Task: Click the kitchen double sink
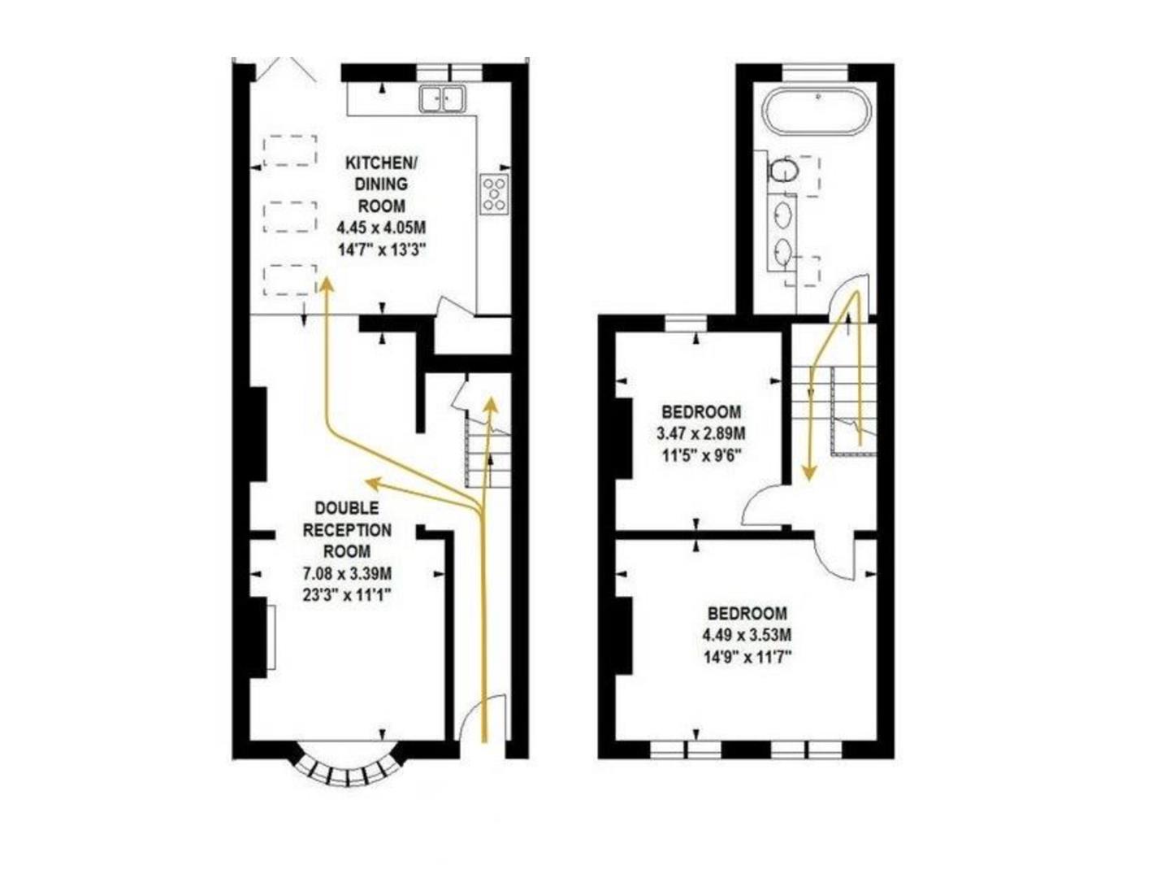[x=442, y=99]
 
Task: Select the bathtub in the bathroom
[x=818, y=112]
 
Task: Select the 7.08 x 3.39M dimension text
[x=347, y=574]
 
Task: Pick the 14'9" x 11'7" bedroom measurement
[x=747, y=655]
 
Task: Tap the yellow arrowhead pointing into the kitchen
[x=327, y=284]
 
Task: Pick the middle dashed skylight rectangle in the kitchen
[x=290, y=217]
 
